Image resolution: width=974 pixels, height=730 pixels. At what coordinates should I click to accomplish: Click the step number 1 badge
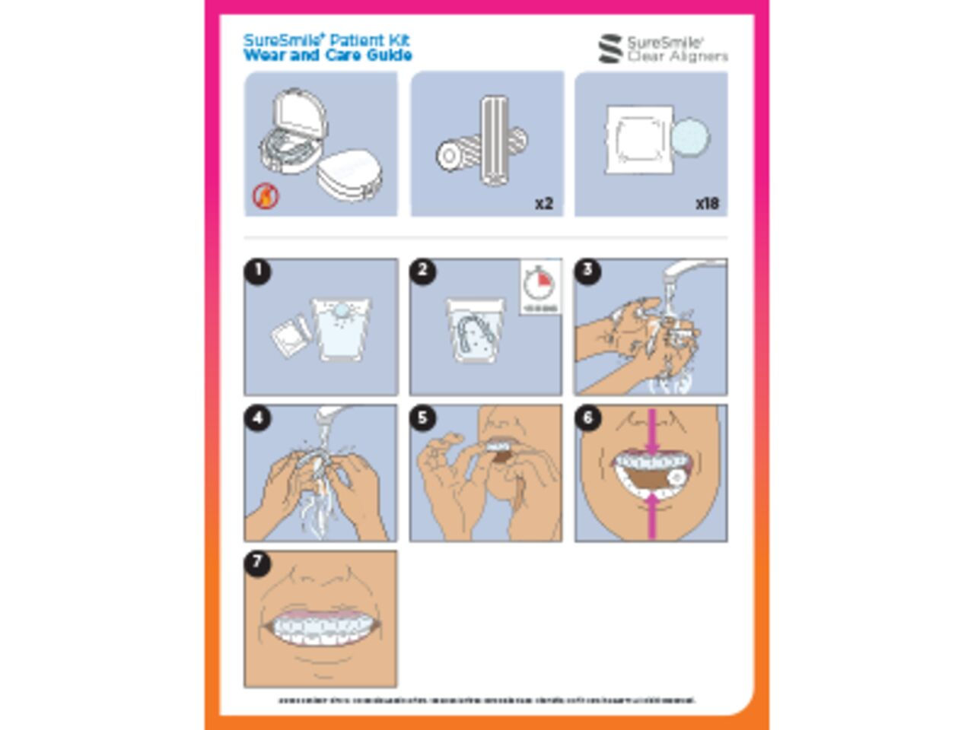click(258, 271)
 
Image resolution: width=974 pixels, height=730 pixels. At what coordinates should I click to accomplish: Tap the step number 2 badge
click(423, 271)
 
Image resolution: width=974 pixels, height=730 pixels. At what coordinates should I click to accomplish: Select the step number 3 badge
click(587, 271)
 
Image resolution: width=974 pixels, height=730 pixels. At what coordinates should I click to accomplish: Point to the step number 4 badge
click(258, 417)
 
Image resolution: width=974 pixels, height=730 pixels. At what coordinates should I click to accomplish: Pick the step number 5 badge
click(423, 417)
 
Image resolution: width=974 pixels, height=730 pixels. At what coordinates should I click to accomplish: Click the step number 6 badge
click(587, 417)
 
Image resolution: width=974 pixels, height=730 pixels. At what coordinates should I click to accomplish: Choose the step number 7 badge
click(258, 563)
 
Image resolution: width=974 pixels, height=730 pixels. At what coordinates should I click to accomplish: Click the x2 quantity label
click(543, 203)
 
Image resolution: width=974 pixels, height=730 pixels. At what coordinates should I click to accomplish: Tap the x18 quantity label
click(707, 203)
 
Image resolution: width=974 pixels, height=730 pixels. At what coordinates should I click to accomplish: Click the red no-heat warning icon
click(266, 196)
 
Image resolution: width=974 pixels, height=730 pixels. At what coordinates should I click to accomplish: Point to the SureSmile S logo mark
click(610, 49)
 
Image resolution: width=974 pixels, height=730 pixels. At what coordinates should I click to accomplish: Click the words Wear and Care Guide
click(328, 56)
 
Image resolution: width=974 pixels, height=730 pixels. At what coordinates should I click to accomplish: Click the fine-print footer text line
click(487, 700)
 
